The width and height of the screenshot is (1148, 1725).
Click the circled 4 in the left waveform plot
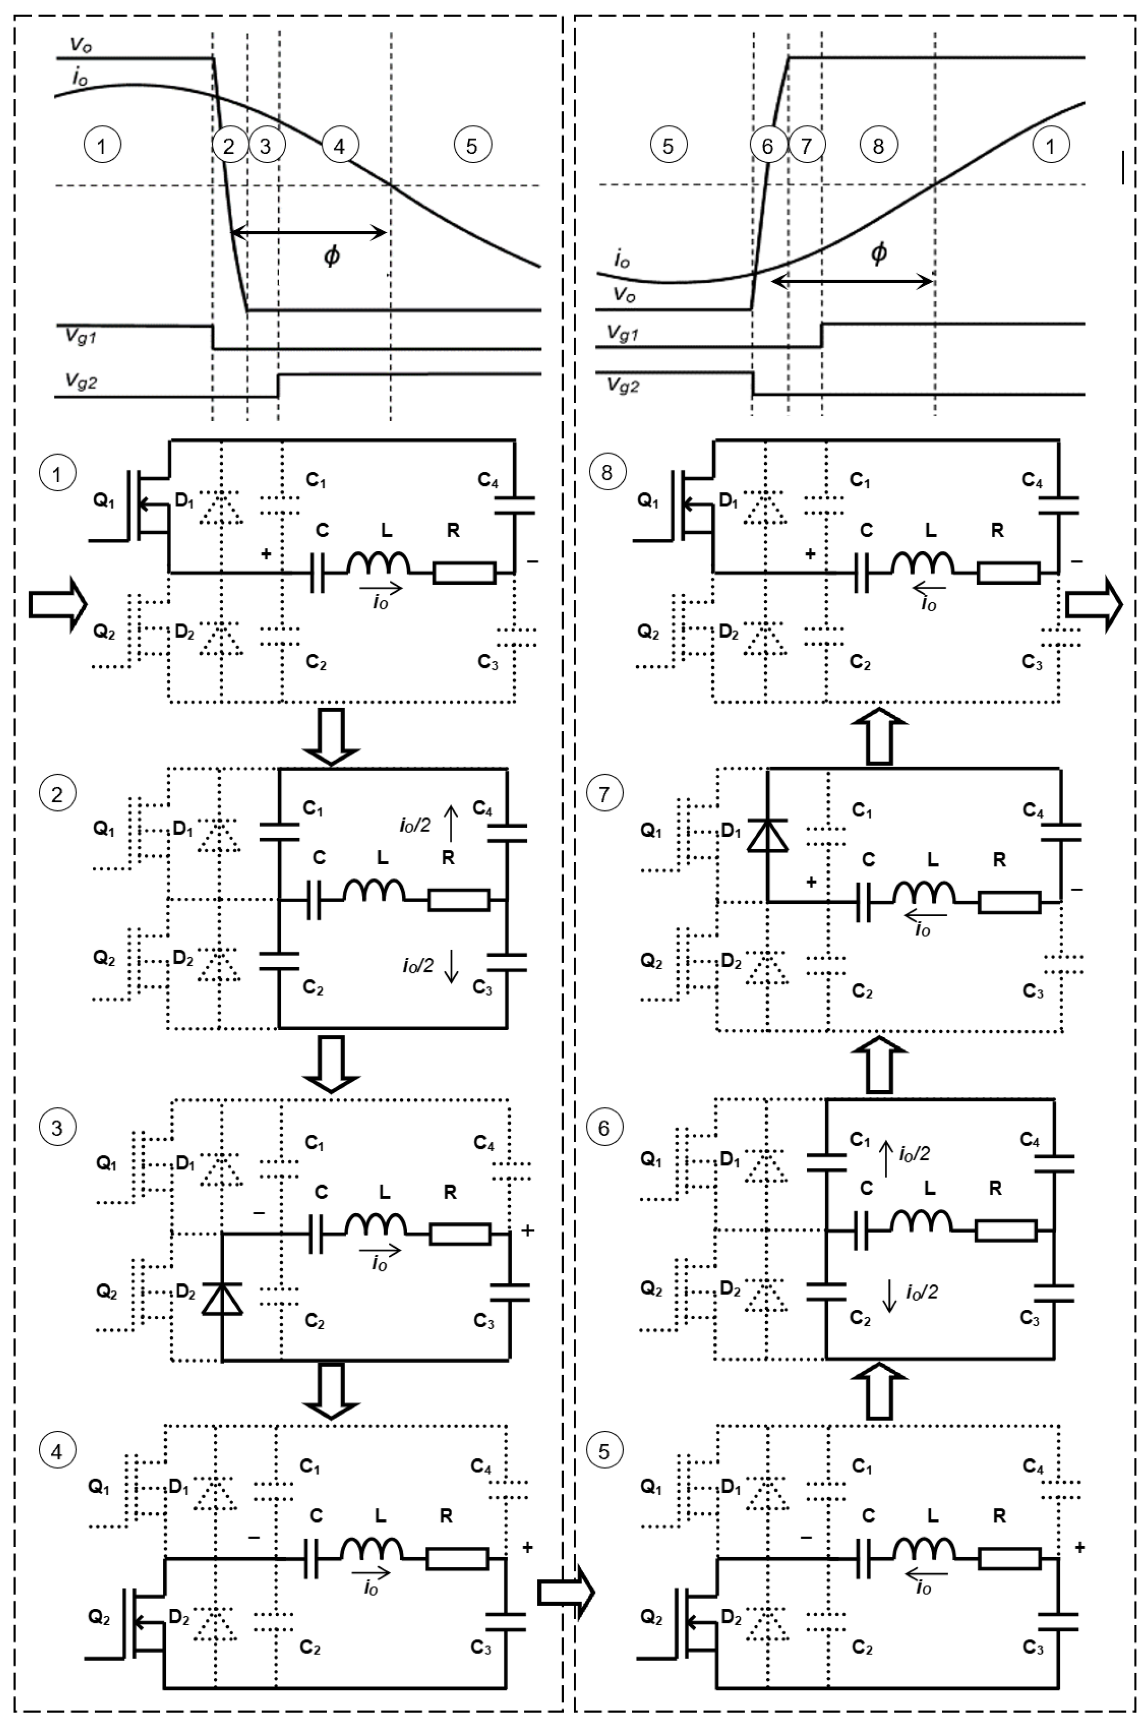click(339, 146)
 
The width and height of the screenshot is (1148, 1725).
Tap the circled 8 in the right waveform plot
click(878, 146)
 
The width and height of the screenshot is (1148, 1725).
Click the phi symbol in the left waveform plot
click(332, 255)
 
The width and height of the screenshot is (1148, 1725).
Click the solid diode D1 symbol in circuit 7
click(767, 836)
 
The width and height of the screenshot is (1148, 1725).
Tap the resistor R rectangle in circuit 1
click(464, 573)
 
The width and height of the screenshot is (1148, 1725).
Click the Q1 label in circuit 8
click(648, 500)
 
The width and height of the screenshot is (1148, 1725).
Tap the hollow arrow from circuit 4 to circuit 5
click(566, 1591)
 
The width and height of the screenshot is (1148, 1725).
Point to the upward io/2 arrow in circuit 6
click(886, 1159)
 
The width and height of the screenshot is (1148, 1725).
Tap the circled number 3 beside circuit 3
click(57, 1128)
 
